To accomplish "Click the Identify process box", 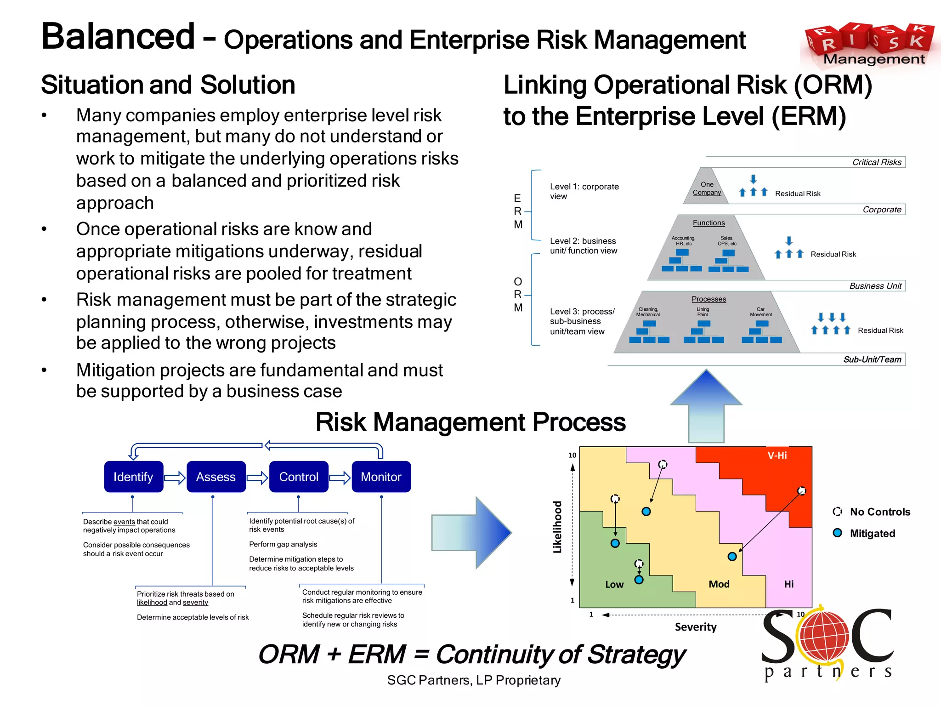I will click(x=133, y=477).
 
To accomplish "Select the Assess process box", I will click(x=216, y=477).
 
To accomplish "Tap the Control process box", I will click(x=299, y=477).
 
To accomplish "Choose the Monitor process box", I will click(x=381, y=477).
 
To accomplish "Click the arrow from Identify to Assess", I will click(x=175, y=478).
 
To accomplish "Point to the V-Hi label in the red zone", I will click(x=777, y=455).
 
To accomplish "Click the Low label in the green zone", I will click(x=614, y=584).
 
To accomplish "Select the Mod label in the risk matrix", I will click(x=719, y=584).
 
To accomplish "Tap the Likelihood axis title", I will click(x=557, y=527).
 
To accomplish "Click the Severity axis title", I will click(x=695, y=627).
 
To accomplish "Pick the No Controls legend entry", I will click(x=872, y=512).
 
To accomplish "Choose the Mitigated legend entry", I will click(x=864, y=533).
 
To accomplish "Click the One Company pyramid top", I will click(x=707, y=188).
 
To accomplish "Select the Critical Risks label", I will click(x=877, y=162).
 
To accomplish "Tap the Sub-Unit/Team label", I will click(x=872, y=359).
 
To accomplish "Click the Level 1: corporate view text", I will click(x=584, y=191).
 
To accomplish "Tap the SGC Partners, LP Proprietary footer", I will click(x=474, y=680).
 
